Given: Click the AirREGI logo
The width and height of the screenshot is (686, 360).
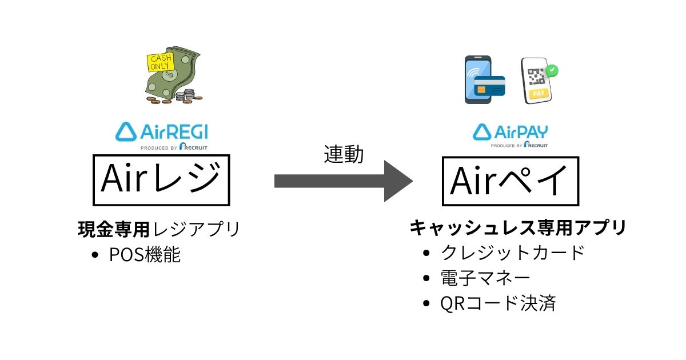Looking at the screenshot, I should point(162,133).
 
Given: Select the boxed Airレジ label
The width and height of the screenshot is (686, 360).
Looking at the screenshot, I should point(161,179).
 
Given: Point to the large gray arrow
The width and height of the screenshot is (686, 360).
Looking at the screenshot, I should point(343,181).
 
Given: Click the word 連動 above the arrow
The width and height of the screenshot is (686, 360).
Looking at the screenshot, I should point(344,154).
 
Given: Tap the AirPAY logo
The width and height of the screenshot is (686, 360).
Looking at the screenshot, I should point(510,133).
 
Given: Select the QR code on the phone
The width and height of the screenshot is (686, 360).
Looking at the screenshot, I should point(536,77).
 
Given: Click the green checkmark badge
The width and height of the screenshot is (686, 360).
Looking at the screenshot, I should point(552,71).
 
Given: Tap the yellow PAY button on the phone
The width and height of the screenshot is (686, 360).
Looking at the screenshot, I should point(538,93).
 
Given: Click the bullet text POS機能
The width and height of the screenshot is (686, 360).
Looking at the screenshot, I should point(145,255).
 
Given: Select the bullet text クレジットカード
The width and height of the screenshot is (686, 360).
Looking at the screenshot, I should point(513,252).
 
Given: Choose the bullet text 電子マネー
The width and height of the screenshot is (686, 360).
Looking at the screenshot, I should point(485,278).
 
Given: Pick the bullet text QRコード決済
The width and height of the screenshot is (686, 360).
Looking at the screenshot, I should point(498,303).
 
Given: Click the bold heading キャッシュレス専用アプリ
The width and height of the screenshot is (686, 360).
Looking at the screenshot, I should point(518,227).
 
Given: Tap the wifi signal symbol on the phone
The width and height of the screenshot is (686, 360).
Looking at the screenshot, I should point(473,74).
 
